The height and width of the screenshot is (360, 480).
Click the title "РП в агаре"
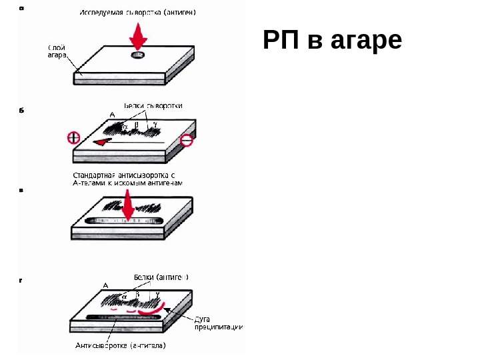(x=333, y=41)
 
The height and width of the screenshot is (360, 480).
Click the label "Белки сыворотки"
(x=153, y=105)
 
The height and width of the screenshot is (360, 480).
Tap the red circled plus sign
(x=73, y=139)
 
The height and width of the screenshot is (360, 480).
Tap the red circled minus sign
(x=187, y=140)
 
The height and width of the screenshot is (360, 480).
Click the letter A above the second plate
(x=112, y=115)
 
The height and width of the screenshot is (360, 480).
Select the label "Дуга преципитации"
(x=217, y=322)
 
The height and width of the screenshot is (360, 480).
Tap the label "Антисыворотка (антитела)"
(x=120, y=345)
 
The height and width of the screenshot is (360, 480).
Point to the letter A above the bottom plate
(x=105, y=285)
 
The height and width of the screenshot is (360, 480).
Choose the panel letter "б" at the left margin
(x=21, y=111)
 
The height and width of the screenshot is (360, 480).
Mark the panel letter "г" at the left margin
(x=21, y=281)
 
